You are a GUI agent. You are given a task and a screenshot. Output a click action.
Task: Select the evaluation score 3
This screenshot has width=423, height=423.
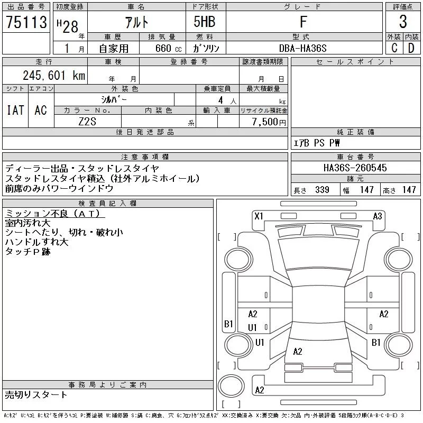tap(403, 22)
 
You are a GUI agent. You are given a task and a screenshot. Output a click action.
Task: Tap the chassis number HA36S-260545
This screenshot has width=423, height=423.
tap(355, 168)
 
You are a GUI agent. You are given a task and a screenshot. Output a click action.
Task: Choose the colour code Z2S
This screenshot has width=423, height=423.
tap(88, 122)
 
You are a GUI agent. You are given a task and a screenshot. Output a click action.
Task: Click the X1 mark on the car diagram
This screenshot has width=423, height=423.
tap(259, 216)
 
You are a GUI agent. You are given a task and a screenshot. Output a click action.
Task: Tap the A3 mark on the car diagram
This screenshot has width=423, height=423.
tap(378, 216)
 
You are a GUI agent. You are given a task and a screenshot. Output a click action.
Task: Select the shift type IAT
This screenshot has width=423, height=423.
tap(15, 110)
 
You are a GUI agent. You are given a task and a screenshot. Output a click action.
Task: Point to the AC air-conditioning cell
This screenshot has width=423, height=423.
tap(41, 110)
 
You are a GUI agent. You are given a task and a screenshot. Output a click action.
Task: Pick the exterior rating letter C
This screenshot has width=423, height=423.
tap(394, 48)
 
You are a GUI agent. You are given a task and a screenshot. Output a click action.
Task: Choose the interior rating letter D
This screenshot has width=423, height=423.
tap(411, 48)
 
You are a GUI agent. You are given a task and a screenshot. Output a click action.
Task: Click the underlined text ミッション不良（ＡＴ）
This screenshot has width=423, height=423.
tap(55, 214)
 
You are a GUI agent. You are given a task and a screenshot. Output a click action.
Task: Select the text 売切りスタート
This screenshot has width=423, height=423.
tap(36, 394)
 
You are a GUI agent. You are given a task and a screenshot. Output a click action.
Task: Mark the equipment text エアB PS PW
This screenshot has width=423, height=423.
tap(317, 143)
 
